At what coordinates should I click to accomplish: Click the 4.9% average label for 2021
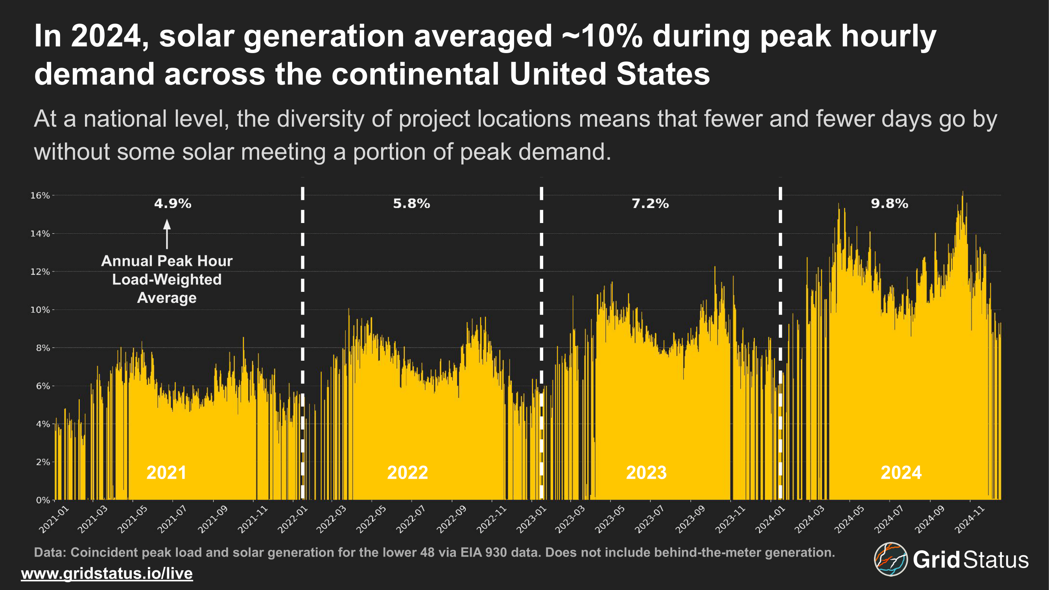tap(173, 203)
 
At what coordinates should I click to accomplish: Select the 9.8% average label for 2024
tap(889, 203)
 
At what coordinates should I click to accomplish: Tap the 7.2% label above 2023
tap(650, 203)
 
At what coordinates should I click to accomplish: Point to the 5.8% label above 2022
tap(411, 203)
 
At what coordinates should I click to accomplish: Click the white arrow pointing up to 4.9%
tap(167, 234)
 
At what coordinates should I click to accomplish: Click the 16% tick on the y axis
tap(40, 195)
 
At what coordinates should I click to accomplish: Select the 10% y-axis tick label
tap(40, 310)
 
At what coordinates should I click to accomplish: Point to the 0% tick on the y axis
tap(42, 500)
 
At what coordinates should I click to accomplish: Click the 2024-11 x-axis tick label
tap(970, 519)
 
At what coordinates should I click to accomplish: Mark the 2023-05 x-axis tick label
tap(610, 519)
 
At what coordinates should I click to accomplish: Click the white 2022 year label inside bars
tap(407, 473)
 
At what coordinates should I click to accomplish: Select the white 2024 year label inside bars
tap(901, 473)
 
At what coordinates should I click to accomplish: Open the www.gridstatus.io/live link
tap(107, 573)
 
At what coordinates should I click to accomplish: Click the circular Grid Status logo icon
tap(890, 559)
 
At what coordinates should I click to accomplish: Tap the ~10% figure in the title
tap(602, 36)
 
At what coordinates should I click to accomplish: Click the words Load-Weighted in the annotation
tap(167, 279)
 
